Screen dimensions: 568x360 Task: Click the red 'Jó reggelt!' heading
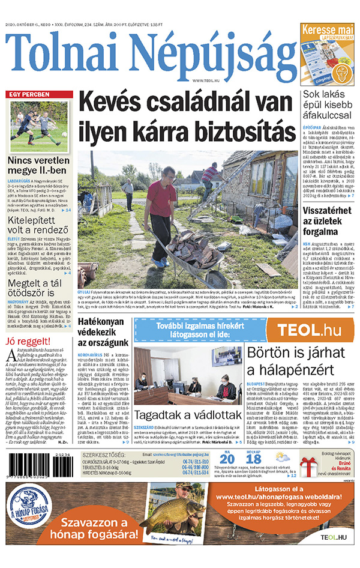24,342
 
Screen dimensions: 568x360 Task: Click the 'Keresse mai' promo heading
327,29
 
